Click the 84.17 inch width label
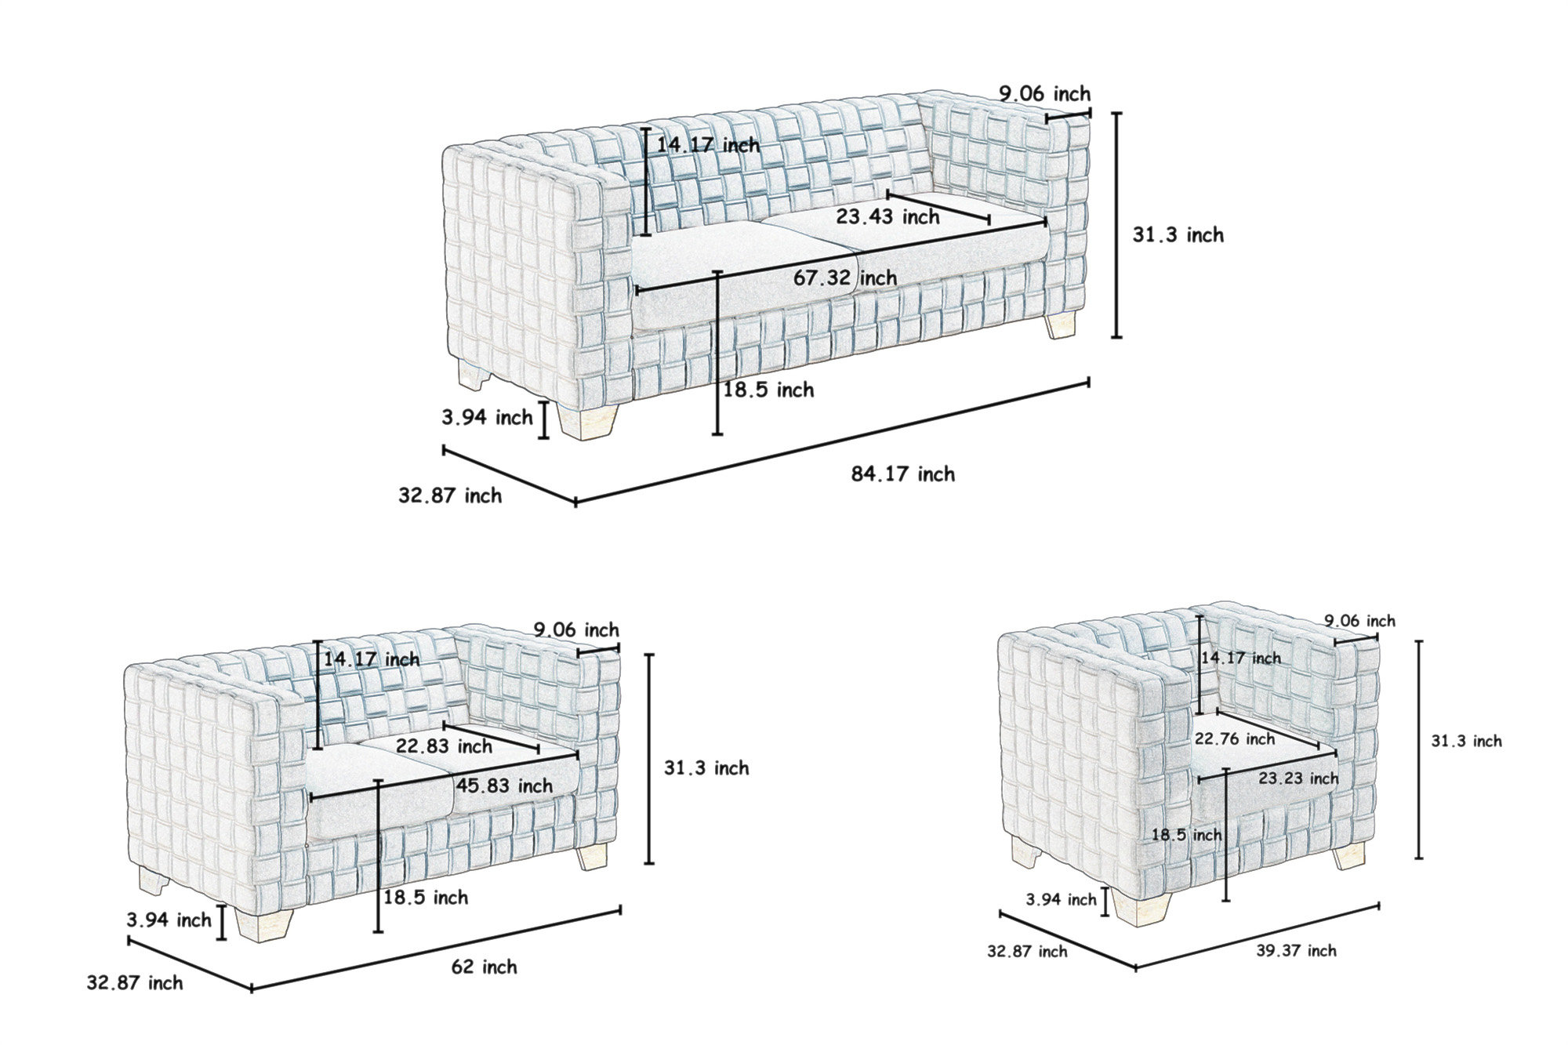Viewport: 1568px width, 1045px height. pyautogui.click(x=903, y=474)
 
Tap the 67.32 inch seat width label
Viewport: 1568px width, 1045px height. pyautogui.click(x=845, y=278)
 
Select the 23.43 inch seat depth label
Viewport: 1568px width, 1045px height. pyautogui.click(x=887, y=216)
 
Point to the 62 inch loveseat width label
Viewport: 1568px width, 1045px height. pyautogui.click(x=484, y=967)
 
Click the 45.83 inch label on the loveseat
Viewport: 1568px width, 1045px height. pyautogui.click(x=504, y=786)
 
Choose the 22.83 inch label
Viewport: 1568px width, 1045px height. pyautogui.click(x=444, y=746)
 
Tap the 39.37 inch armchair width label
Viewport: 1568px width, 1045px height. pyautogui.click(x=1297, y=951)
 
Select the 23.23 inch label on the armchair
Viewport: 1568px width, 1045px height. pyautogui.click(x=1299, y=778)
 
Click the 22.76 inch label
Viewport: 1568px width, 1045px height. pyautogui.click(x=1235, y=738)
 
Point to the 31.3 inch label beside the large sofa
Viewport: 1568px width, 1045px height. pyautogui.click(x=1178, y=234)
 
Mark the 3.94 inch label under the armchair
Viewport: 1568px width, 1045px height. pyautogui.click(x=1062, y=899)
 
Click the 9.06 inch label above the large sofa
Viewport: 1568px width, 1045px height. pyautogui.click(x=1044, y=94)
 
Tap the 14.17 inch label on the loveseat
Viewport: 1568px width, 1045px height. pyautogui.click(x=372, y=659)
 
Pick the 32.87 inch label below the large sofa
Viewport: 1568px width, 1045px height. pyautogui.click(x=450, y=495)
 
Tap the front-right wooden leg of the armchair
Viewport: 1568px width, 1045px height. pyautogui.click(x=1349, y=856)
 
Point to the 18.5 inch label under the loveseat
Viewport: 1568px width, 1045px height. pyautogui.click(x=426, y=897)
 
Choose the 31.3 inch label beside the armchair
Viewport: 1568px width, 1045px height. pyautogui.click(x=1466, y=741)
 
